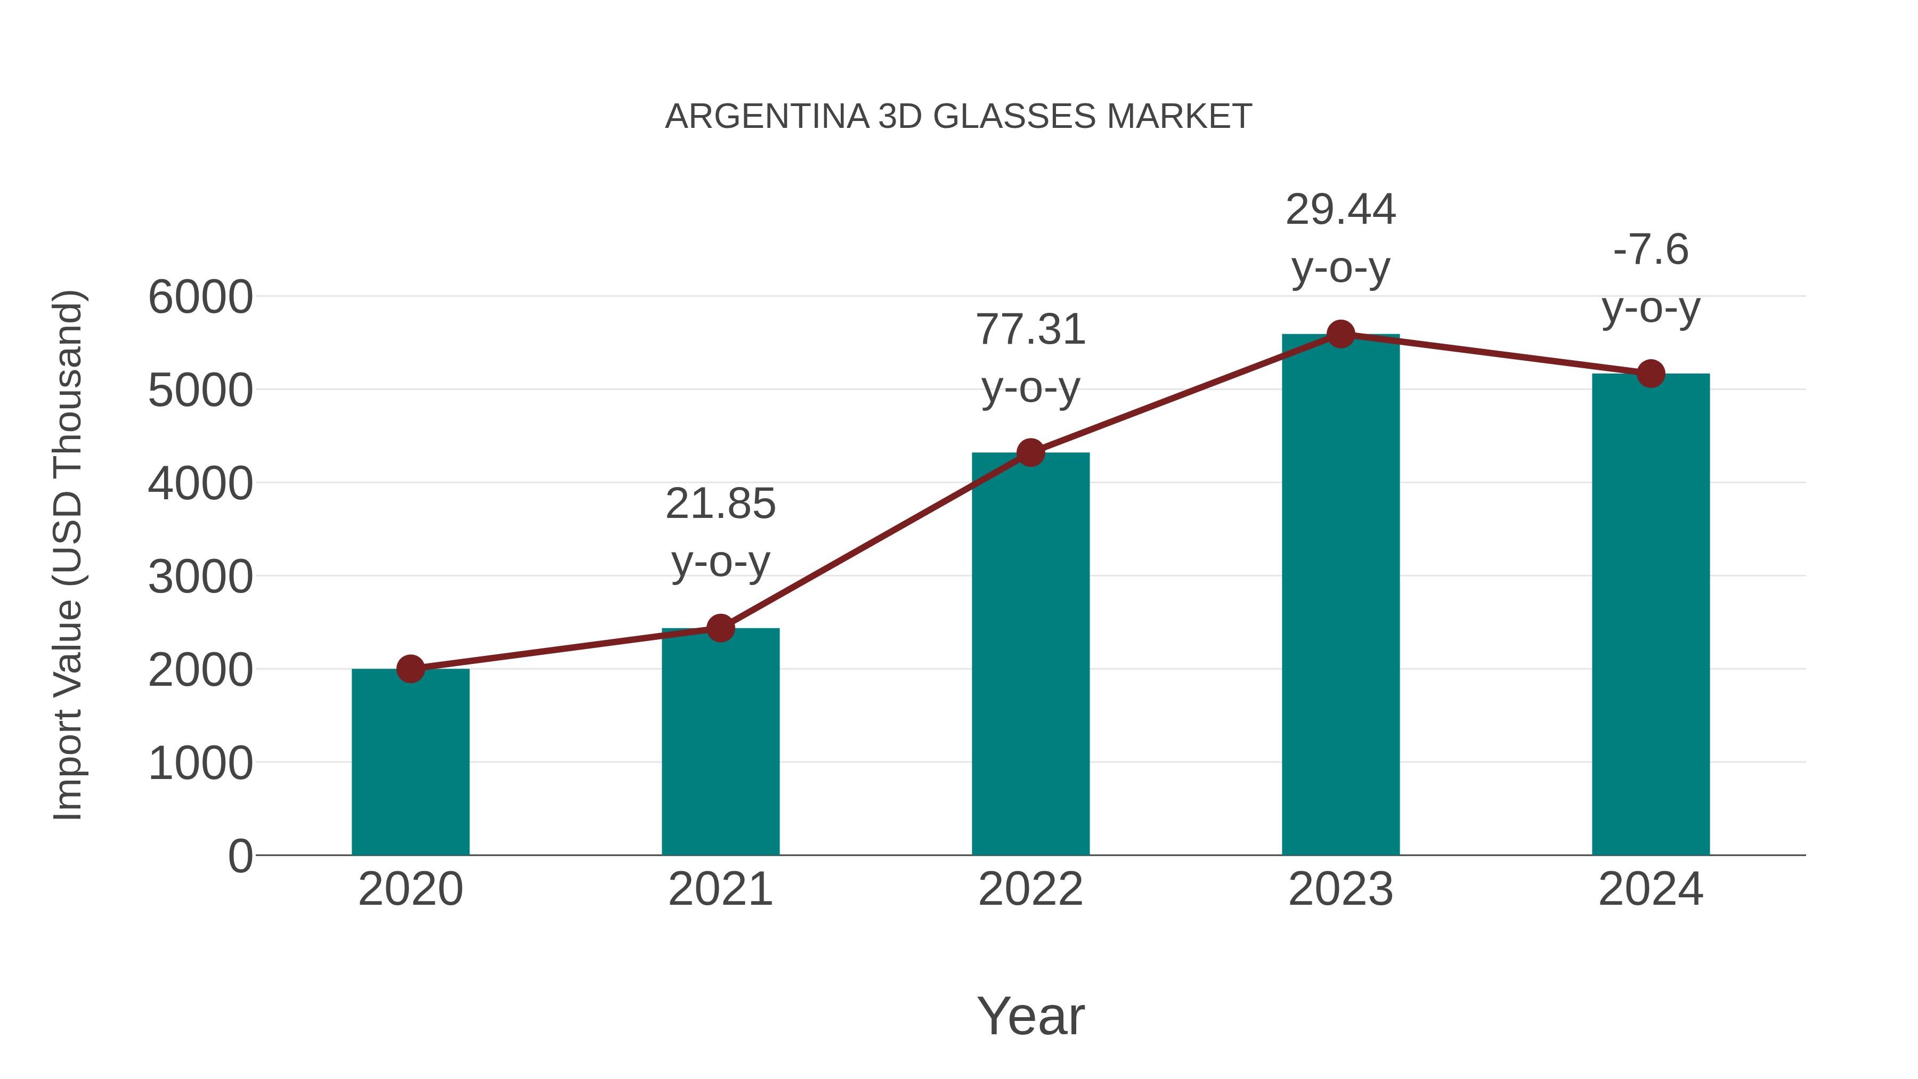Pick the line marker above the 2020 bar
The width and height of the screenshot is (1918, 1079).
tap(410, 669)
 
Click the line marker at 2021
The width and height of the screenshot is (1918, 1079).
tap(720, 628)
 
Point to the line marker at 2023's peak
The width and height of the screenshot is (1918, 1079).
tap(1340, 334)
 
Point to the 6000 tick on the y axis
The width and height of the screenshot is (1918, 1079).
tap(200, 297)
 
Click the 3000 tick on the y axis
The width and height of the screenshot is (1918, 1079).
tap(200, 577)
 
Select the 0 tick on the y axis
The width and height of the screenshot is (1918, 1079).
tap(240, 856)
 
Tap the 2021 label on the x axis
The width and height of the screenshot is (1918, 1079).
tap(720, 889)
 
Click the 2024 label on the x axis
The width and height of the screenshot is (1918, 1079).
tap(1651, 889)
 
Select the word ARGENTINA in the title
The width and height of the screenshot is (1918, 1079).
tap(767, 117)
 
